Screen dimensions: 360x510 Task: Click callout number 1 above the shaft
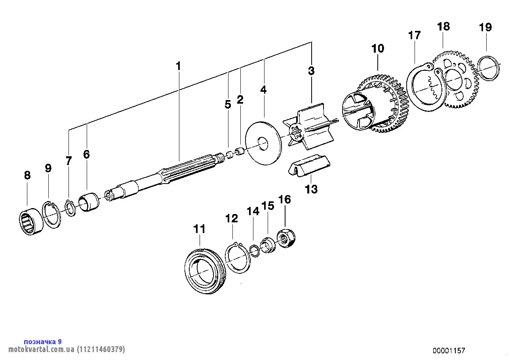pyautogui.click(x=178, y=66)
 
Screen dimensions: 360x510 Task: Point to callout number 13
pyautogui.click(x=311, y=189)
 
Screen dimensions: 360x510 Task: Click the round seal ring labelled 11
pyautogui.click(x=205, y=273)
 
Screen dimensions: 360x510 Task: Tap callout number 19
pyautogui.click(x=485, y=27)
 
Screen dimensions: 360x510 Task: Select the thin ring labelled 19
pyautogui.click(x=487, y=68)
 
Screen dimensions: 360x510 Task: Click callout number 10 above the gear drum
pyautogui.click(x=378, y=49)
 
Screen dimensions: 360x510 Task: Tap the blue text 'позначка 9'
pyautogui.click(x=43, y=341)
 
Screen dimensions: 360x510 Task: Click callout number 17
pyautogui.click(x=414, y=35)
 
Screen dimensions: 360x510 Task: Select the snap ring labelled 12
pyautogui.click(x=237, y=259)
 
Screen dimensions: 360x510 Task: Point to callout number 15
pyautogui.click(x=268, y=206)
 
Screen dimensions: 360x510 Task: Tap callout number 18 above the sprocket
pyautogui.click(x=443, y=27)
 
